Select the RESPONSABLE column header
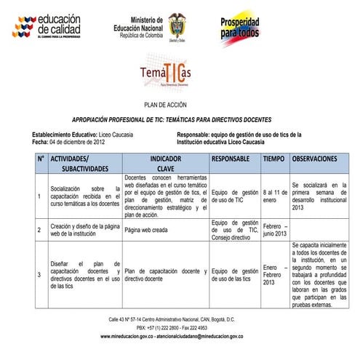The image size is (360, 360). tap(234, 158)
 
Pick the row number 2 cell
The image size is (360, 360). tap(39, 230)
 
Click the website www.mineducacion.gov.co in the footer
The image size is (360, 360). tap(131, 337)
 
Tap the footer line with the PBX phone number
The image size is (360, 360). tap(172, 328)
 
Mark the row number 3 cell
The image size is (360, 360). tap(39, 275)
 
